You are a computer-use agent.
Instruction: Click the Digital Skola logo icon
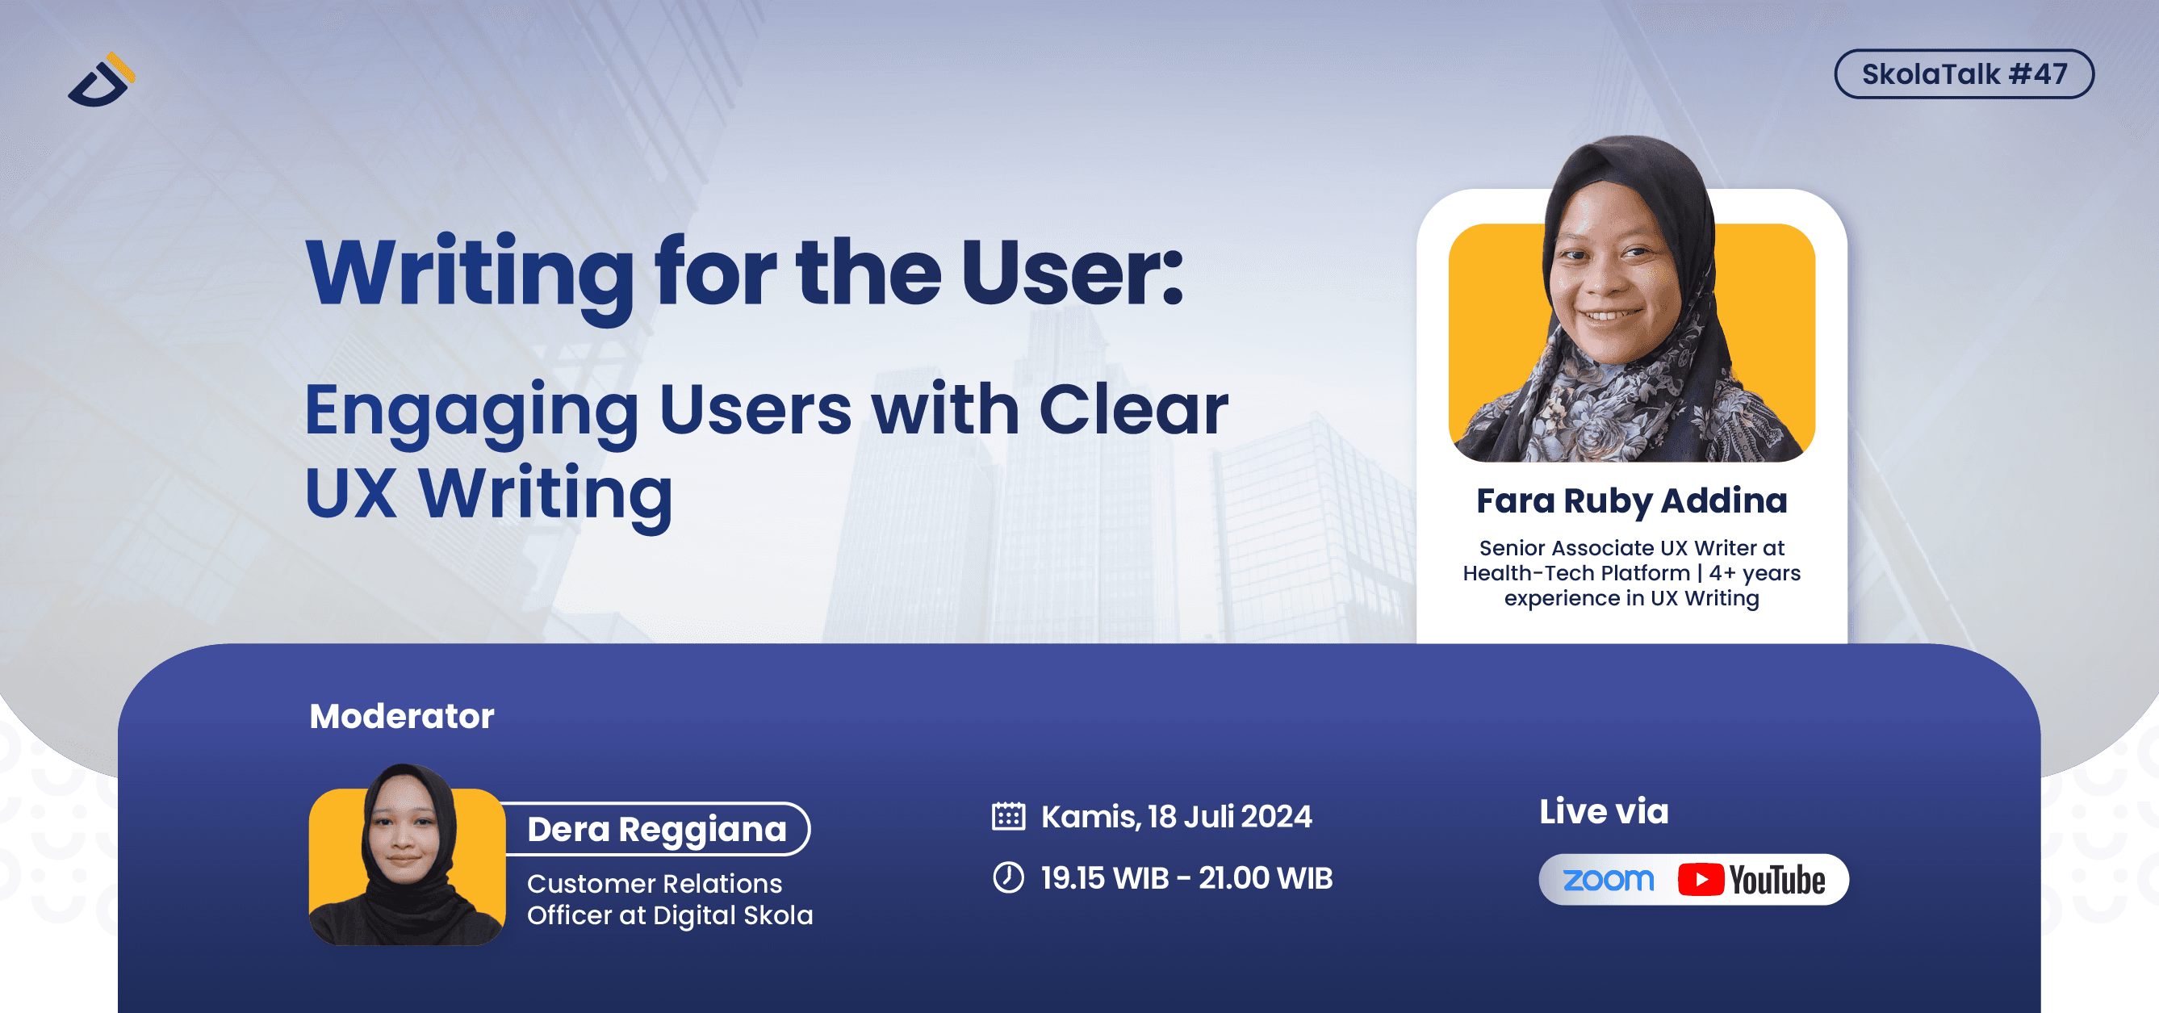tap(102, 80)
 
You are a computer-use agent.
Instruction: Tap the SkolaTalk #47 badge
tap(1964, 73)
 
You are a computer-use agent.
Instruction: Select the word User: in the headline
tap(1072, 273)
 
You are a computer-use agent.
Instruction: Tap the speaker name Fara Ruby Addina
tap(1631, 502)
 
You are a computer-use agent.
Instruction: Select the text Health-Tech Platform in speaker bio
tap(1576, 573)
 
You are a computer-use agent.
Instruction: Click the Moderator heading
tap(401, 717)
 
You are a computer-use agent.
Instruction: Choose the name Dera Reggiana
tap(656, 830)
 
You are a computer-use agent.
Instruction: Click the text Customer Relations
tap(655, 884)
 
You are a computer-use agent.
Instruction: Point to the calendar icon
tap(1008, 816)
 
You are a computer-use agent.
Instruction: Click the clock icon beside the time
tap(1008, 878)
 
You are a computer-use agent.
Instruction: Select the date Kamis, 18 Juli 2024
tap(1177, 817)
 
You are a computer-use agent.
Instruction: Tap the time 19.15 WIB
tap(1105, 878)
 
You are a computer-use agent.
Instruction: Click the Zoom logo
tap(1609, 880)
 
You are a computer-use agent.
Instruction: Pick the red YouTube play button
tap(1701, 880)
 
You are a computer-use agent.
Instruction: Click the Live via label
tap(1604, 811)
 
